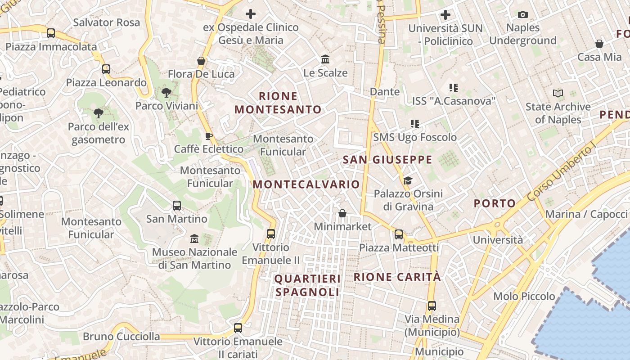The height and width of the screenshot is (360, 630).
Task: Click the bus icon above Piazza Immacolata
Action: click(51, 33)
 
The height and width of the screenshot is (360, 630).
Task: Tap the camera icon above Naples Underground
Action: click(522, 14)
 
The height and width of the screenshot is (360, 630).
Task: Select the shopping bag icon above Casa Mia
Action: click(599, 44)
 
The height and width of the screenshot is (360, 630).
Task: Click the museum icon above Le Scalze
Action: click(325, 59)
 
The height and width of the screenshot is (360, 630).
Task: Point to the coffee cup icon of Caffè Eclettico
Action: click(208, 135)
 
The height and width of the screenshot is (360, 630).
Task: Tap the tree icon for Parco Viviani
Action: click(166, 93)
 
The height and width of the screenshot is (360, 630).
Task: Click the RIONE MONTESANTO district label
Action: click(278, 103)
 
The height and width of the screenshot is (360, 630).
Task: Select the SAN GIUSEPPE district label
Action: click(387, 160)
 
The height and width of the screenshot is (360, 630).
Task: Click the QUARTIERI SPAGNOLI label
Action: click(307, 285)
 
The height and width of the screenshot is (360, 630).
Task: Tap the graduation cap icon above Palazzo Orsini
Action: click(408, 180)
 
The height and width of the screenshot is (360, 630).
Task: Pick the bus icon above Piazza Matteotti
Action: click(399, 234)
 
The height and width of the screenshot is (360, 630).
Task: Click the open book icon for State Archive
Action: click(558, 94)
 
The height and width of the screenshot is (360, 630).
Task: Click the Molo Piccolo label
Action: click(524, 296)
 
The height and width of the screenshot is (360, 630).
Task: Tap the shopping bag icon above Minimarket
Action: click(342, 213)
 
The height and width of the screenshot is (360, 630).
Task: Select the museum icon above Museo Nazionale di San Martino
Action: click(194, 238)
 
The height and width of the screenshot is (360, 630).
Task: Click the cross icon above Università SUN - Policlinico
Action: click(445, 15)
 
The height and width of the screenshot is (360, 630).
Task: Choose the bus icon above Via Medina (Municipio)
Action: click(432, 306)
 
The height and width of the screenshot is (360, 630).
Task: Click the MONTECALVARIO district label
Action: click(306, 184)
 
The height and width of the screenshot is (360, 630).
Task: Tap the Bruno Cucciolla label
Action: click(121, 336)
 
